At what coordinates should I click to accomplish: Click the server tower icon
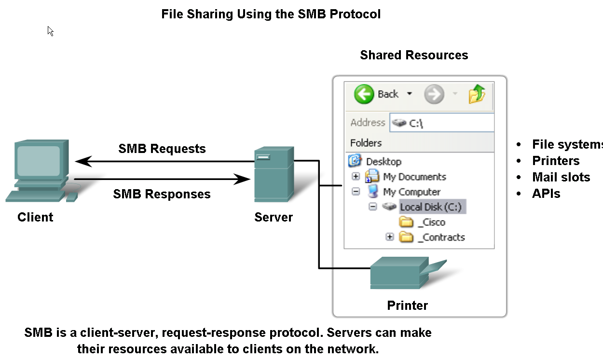274,176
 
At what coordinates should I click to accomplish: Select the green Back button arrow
364,94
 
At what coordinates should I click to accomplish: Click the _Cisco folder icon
407,222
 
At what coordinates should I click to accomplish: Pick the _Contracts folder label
441,237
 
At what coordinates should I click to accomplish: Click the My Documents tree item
414,177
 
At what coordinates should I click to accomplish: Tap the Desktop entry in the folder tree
384,162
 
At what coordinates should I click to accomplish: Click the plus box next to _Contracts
390,237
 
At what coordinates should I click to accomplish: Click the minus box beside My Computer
356,192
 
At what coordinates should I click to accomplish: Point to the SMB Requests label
162,149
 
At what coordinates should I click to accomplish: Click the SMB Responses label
162,194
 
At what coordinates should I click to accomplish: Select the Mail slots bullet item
561,177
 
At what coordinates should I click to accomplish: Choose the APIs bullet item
546,194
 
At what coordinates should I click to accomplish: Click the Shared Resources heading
414,55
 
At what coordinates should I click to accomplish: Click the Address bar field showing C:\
444,123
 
